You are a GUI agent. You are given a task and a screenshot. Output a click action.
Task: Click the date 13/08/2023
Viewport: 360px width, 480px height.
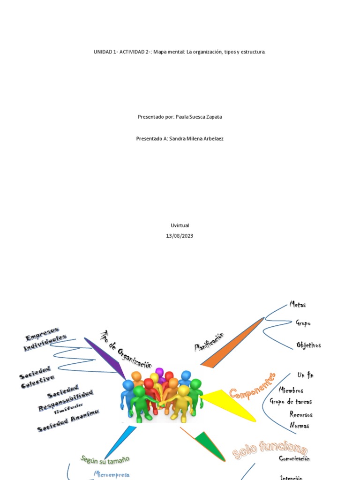[x=180, y=236]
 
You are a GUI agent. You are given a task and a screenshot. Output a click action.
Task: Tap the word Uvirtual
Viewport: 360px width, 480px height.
[x=180, y=225]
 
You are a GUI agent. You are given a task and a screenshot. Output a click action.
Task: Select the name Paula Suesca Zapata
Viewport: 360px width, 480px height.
[x=199, y=117]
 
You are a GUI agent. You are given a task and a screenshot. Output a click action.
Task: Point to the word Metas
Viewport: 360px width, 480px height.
[x=298, y=305]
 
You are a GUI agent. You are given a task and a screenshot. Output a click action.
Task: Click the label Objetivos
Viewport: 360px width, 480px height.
[x=308, y=345]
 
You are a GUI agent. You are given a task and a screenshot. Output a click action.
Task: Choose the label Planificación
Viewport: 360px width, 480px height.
[x=210, y=342]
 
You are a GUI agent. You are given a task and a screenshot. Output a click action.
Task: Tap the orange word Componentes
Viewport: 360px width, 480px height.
[x=252, y=386]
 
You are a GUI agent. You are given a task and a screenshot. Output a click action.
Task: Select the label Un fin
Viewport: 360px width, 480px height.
[x=305, y=375]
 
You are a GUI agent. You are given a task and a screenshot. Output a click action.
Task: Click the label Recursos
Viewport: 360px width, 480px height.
[x=301, y=415]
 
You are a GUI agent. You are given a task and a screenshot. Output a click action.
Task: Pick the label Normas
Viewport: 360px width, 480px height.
[x=299, y=426]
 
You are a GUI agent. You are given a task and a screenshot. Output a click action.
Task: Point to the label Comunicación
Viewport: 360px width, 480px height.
[x=294, y=458]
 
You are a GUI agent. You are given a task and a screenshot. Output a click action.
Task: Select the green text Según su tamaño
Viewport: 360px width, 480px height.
[x=105, y=459]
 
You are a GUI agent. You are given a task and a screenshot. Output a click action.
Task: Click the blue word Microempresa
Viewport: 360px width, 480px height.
[x=112, y=474]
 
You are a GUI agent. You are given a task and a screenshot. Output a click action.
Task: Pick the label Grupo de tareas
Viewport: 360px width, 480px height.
[x=291, y=401]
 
